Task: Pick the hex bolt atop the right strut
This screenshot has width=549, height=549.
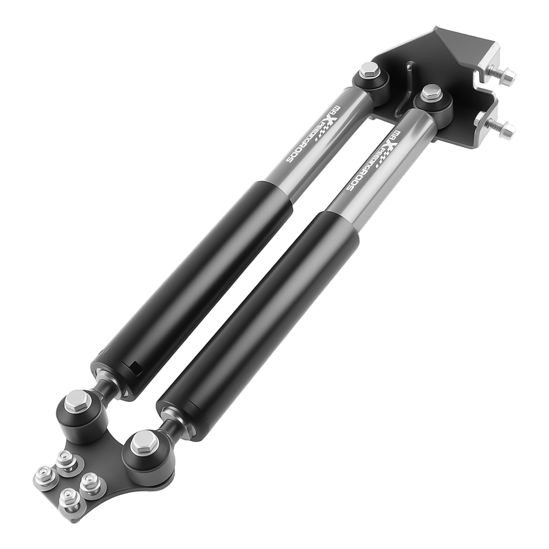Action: click(432, 92)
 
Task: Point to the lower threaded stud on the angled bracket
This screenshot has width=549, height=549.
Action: click(502, 128)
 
